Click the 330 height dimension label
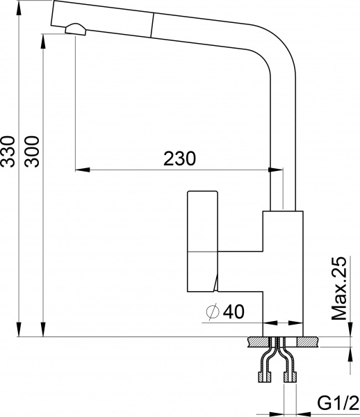8,152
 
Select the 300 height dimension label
31,152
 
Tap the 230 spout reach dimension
180,158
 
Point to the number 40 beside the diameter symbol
235,313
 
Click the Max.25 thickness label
338,288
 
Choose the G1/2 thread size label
338,403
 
